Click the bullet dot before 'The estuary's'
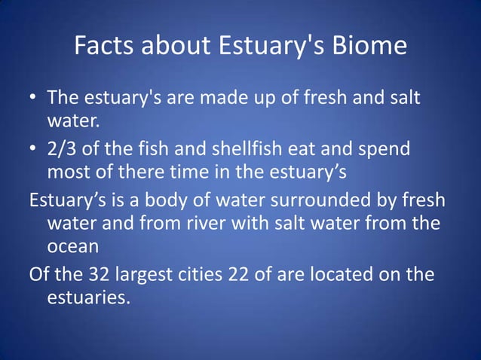(x=33, y=99)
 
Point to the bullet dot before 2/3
(x=33, y=150)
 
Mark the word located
(x=332, y=274)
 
